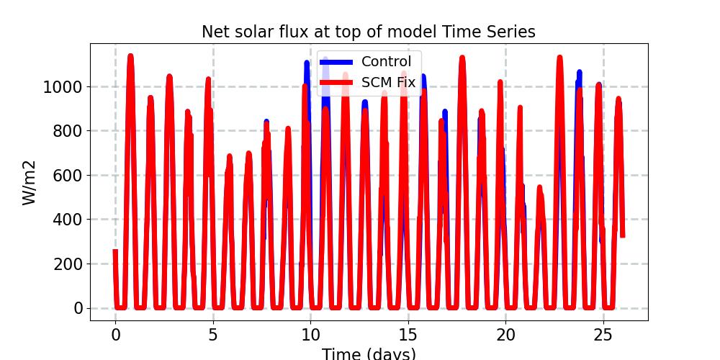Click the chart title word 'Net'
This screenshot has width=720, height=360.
pos(215,32)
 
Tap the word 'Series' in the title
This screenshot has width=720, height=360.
pos(511,32)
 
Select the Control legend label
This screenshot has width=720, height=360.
pos(386,62)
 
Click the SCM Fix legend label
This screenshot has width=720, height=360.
pos(388,83)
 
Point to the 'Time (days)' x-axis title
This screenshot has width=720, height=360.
pos(368,354)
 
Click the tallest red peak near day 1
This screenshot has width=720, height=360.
pos(130,55)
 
